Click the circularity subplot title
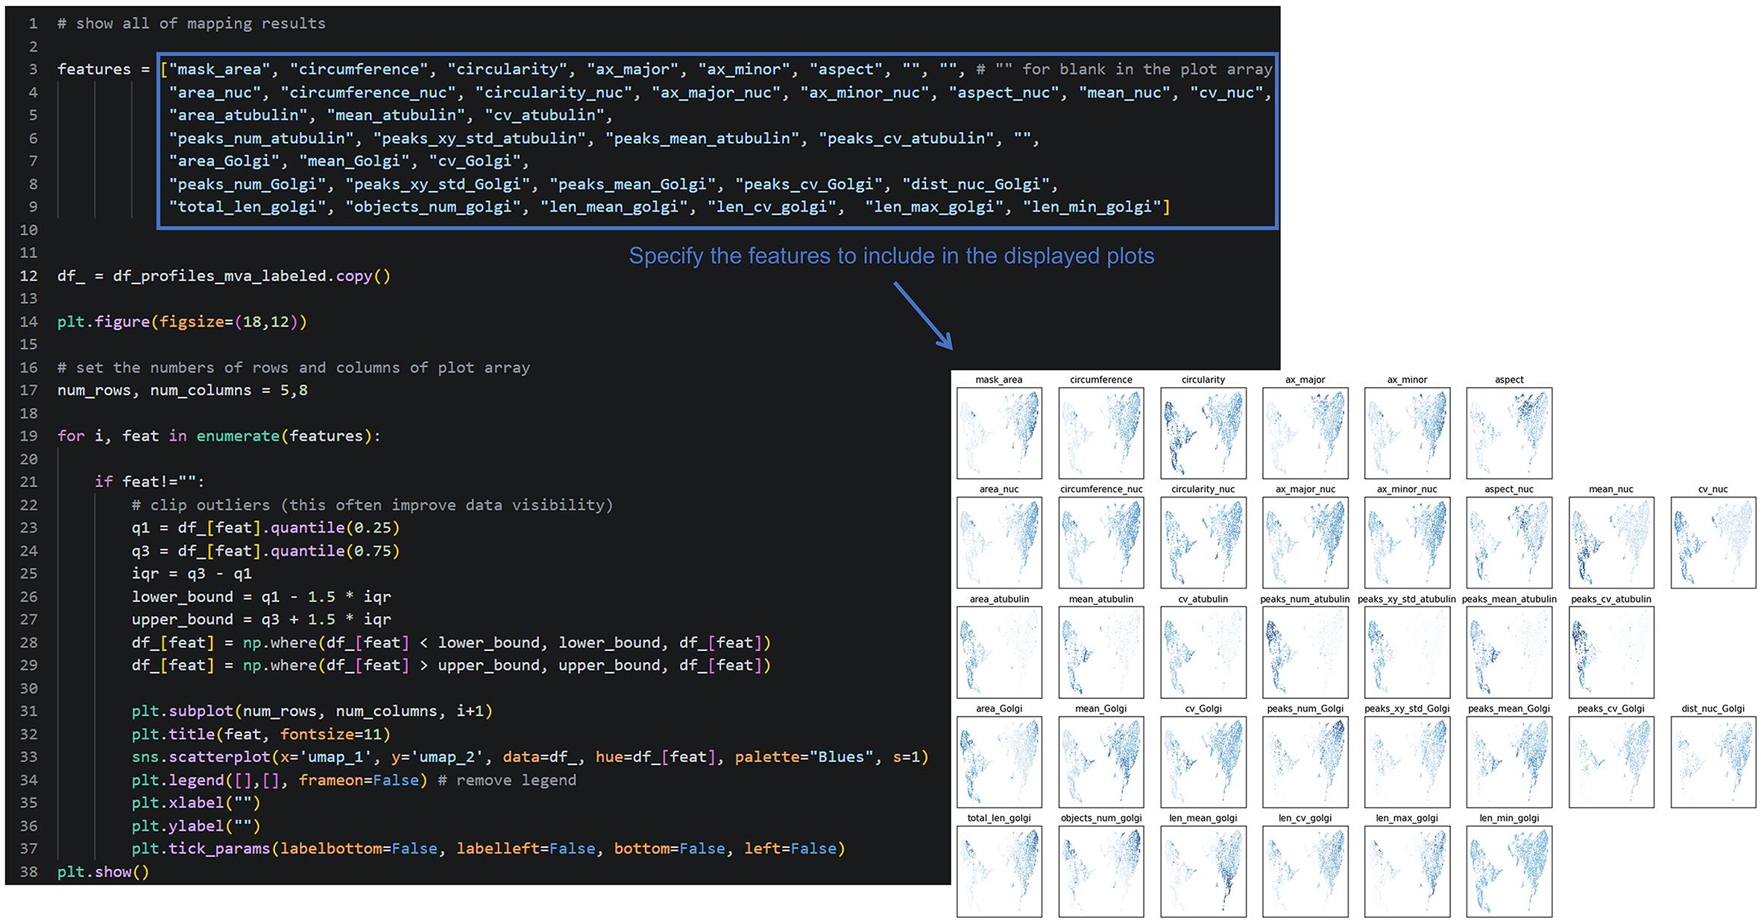click(x=1203, y=380)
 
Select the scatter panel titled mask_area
click(x=999, y=433)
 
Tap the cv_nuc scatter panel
click(x=1713, y=543)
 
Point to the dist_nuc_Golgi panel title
click(x=1713, y=708)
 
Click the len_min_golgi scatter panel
click(x=1509, y=872)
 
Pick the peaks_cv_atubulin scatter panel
click(x=1611, y=653)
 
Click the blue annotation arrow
click(x=923, y=315)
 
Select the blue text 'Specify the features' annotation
click(x=892, y=256)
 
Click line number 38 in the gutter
click(x=28, y=872)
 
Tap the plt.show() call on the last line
click(x=104, y=872)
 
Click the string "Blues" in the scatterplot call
click(x=841, y=757)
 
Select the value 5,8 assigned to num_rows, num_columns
click(x=294, y=390)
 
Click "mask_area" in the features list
click(x=219, y=69)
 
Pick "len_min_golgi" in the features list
click(x=1091, y=207)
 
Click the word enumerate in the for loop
click(x=238, y=436)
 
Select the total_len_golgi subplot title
click(x=999, y=818)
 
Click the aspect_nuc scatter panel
click(x=1509, y=543)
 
